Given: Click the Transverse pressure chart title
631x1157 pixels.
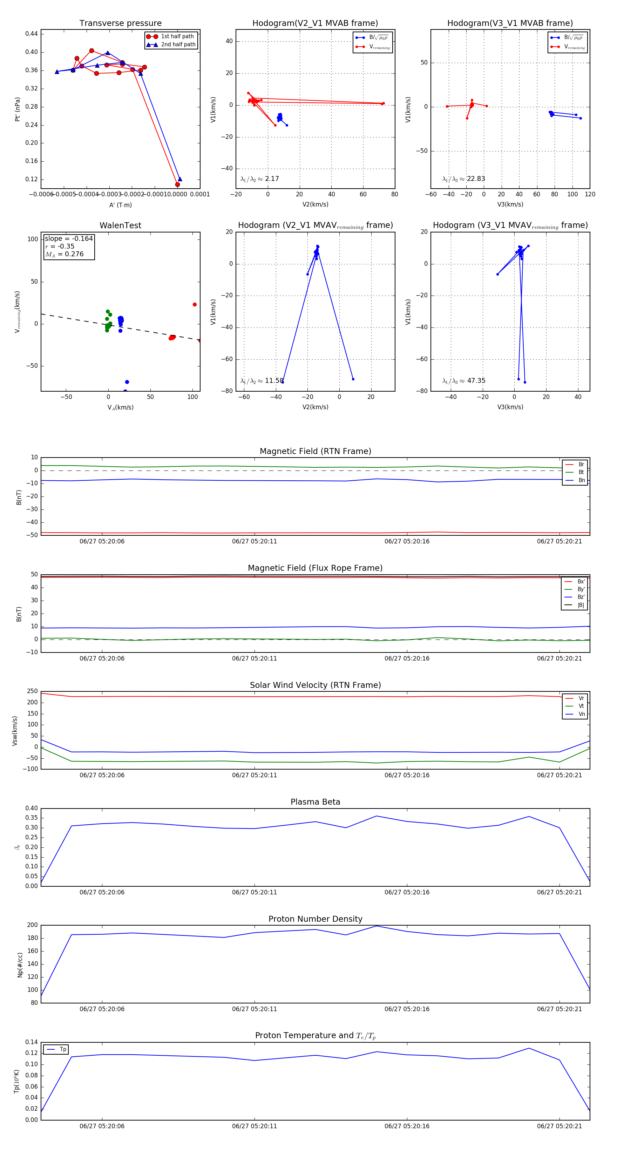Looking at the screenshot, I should pos(120,23).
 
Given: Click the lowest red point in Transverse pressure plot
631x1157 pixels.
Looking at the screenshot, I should pos(177,185).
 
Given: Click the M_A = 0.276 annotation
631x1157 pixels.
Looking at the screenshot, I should pos(64,254).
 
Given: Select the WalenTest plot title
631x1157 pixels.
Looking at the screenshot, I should pos(120,225).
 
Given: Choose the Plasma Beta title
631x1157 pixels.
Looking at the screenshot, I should pos(315,802).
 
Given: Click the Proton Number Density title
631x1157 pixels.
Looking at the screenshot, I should pos(315,919).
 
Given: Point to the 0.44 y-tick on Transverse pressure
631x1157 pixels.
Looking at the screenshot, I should pos(32,34).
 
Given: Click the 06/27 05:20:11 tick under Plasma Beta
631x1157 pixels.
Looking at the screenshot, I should pos(254,892).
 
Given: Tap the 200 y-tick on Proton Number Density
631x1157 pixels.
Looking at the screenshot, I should pos(32,925).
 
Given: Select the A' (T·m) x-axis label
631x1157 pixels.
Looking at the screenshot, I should pos(120,205).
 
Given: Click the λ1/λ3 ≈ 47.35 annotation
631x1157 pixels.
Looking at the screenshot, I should pos(463,381).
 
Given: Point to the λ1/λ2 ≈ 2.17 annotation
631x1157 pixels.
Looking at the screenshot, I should pos(259,179).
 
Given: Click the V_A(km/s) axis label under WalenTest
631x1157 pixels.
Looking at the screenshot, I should pos(120,407).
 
